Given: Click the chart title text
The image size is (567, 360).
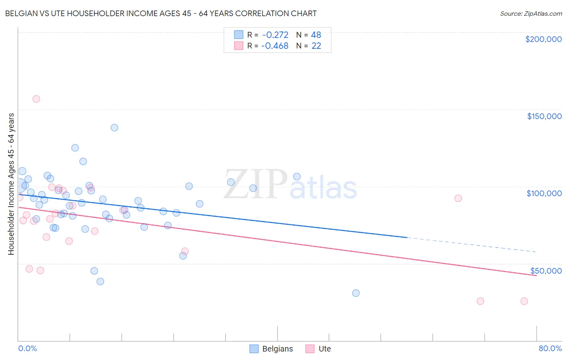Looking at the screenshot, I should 161,13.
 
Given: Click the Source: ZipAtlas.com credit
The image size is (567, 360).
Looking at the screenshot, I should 531,13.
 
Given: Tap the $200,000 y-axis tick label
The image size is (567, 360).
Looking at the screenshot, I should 543,39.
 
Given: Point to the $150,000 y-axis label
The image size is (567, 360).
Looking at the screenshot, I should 544,116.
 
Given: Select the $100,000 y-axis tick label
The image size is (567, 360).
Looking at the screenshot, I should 544,193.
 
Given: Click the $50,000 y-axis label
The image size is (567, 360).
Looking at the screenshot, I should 546,270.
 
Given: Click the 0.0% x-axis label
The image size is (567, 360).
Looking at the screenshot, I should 27,348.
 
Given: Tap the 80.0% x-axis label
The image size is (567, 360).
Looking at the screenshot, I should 550,348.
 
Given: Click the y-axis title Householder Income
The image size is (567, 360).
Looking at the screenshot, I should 11,184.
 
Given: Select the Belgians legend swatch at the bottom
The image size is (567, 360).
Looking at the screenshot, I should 254,349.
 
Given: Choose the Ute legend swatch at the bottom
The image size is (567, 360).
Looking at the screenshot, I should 310,349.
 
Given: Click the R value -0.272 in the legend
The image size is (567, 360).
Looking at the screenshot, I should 275,35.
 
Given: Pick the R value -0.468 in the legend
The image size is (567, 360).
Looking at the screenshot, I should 275,46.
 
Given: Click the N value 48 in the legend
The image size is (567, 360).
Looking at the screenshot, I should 316,35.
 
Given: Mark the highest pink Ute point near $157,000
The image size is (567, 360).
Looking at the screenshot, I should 36,99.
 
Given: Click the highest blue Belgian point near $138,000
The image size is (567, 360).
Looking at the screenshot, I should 115,128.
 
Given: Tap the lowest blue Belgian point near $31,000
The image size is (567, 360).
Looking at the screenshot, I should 356,293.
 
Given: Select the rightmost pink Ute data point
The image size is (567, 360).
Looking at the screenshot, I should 524,301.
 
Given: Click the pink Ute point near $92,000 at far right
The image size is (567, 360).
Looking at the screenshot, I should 458,198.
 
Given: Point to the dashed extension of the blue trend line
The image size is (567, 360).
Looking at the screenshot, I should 472,245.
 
